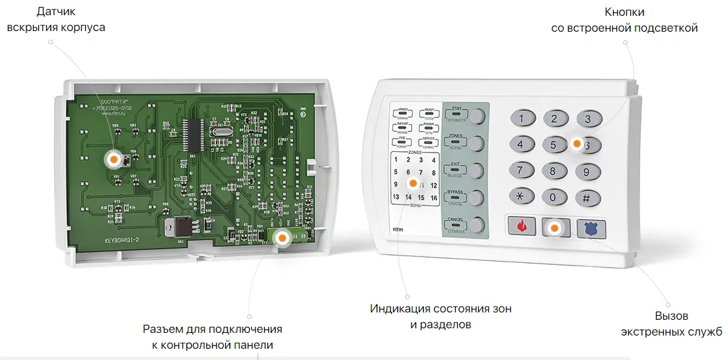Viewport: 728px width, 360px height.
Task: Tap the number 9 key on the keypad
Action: pos(587,172)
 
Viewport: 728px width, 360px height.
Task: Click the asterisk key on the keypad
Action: pos(521,197)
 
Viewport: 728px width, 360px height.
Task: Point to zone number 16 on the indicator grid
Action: pos(433,198)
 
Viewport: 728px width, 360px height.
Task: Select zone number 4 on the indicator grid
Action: pos(433,160)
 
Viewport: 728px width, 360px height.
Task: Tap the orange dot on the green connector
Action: pos(282,237)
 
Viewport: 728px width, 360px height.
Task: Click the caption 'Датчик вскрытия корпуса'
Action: pos(55,20)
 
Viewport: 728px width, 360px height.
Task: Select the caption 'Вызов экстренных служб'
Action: pos(671,324)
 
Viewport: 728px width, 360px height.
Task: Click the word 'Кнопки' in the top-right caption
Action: pos(624,12)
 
